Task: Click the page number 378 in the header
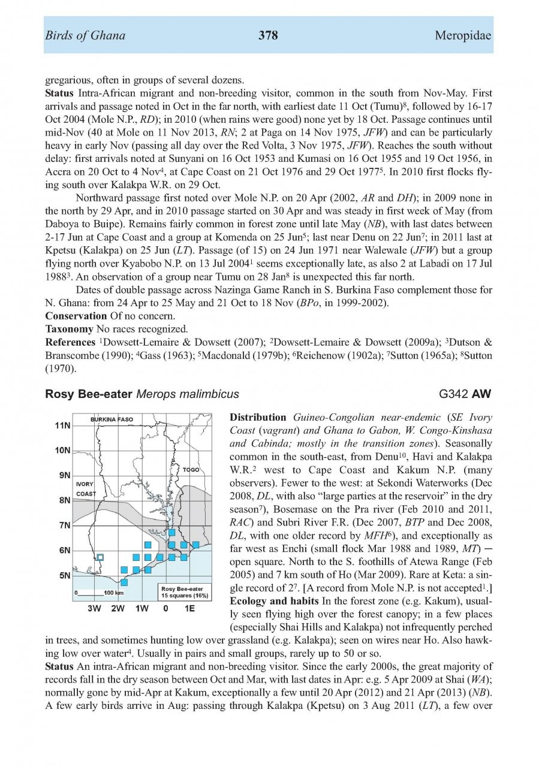(x=268, y=36)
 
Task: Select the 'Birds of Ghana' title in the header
(x=85, y=36)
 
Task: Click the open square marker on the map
(x=101, y=557)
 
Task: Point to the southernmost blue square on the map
(x=124, y=582)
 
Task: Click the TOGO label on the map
(x=191, y=470)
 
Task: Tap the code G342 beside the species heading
(x=454, y=394)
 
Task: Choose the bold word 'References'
(x=70, y=342)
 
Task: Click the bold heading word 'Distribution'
(x=258, y=418)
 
